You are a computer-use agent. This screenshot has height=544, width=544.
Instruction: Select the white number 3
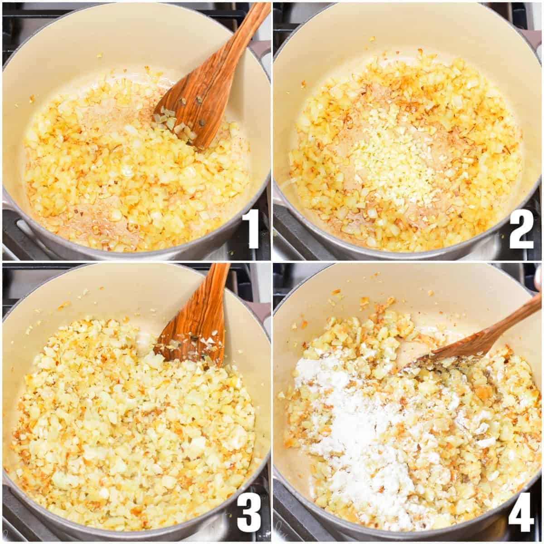(x=249, y=512)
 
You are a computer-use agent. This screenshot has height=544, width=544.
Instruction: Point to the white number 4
(x=521, y=512)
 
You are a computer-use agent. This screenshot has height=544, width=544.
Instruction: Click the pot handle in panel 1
(x=261, y=50)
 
